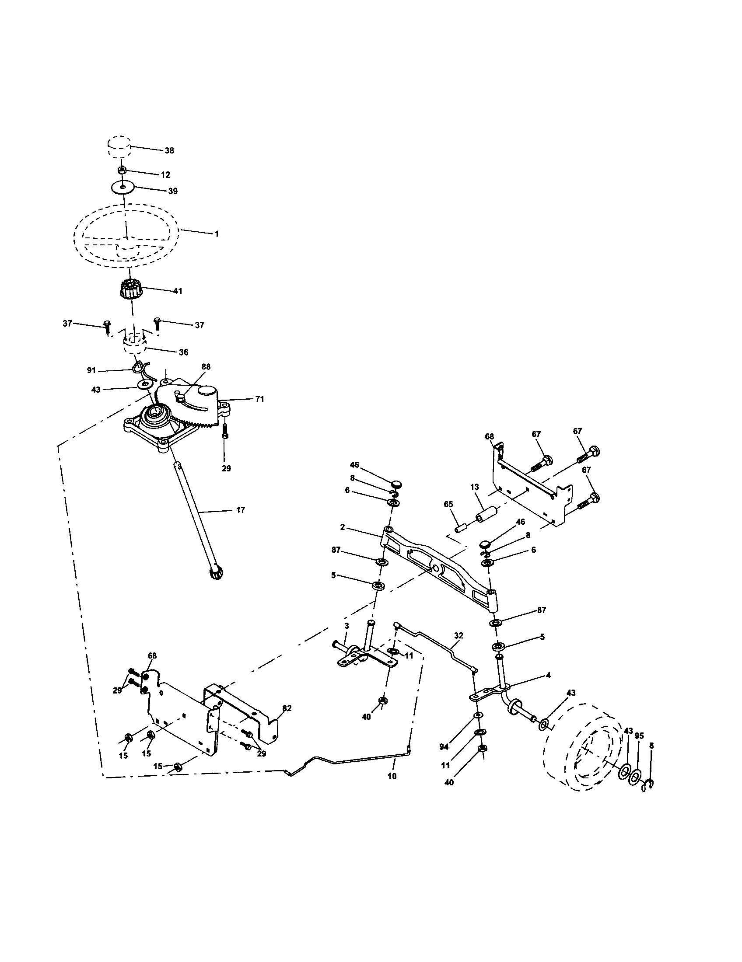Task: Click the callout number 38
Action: pos(169,151)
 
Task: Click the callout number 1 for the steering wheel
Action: pos(216,234)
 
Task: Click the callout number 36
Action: pos(183,352)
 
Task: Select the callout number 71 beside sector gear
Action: pos(259,399)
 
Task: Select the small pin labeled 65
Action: pos(461,527)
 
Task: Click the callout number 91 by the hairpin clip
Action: pos(91,370)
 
